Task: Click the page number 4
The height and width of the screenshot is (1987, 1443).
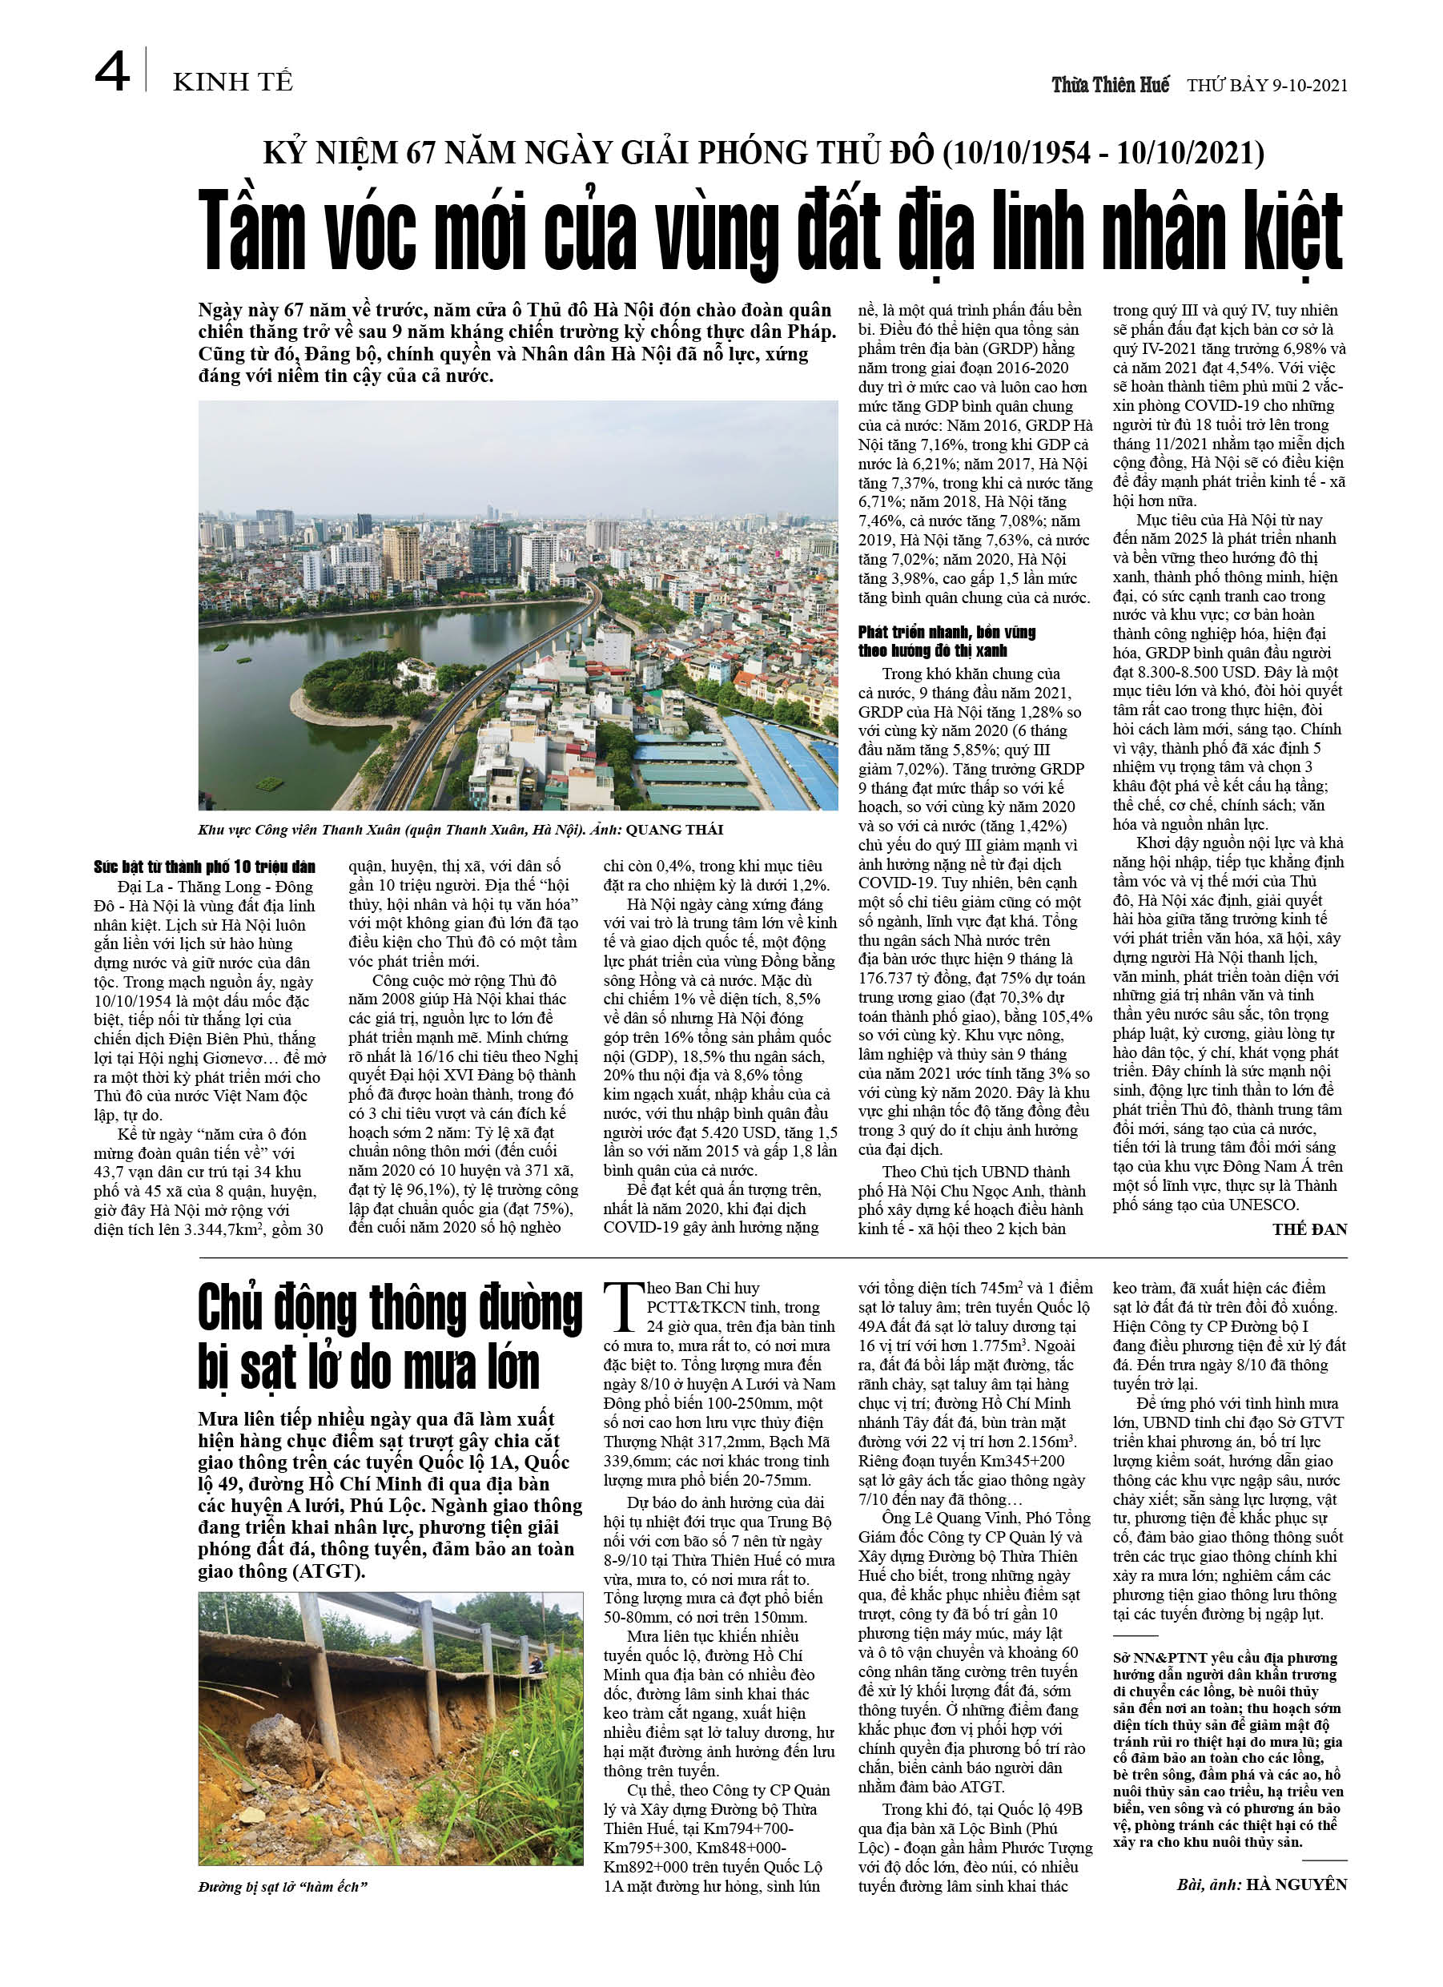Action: pyautogui.click(x=112, y=72)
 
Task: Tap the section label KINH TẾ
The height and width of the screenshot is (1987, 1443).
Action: pyautogui.click(x=232, y=82)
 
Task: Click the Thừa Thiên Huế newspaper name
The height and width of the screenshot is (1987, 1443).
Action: pyautogui.click(x=1110, y=85)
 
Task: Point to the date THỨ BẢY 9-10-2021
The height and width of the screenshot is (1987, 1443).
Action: pyautogui.click(x=1267, y=86)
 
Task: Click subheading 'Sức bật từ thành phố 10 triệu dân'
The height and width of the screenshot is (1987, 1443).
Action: pyautogui.click(x=204, y=867)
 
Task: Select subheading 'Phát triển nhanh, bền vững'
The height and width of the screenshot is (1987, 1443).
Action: pyautogui.click(x=947, y=632)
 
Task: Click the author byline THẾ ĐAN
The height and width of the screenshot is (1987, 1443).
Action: pyautogui.click(x=1310, y=1229)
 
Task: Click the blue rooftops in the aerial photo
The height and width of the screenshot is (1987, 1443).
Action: pyautogui.click(x=771, y=754)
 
